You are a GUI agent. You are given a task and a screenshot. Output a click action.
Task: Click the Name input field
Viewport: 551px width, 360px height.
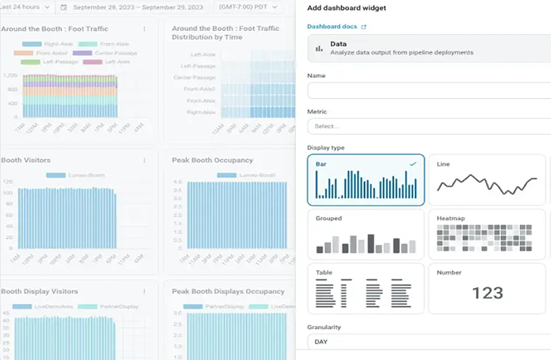(x=428, y=91)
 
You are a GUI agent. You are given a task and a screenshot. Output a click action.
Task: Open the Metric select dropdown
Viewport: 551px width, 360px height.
(x=428, y=126)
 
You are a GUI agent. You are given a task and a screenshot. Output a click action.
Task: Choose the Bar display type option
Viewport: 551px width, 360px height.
(x=366, y=180)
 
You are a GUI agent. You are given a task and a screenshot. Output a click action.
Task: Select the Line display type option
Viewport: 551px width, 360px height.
(x=487, y=180)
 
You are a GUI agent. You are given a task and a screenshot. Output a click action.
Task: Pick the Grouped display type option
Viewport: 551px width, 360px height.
(x=366, y=234)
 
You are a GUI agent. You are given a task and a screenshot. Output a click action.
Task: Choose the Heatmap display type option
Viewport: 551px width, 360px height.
(x=487, y=234)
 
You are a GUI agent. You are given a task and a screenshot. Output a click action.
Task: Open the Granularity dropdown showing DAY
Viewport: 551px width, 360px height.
(x=428, y=343)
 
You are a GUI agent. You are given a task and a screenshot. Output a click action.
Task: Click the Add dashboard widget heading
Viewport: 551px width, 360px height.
(x=347, y=8)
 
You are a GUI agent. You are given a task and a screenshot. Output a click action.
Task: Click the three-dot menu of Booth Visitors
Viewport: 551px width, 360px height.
(x=145, y=160)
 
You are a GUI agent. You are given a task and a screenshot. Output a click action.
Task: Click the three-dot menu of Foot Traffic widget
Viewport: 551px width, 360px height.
(x=145, y=29)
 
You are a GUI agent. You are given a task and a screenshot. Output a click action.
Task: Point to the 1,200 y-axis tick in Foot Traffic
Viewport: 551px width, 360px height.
(x=10, y=76)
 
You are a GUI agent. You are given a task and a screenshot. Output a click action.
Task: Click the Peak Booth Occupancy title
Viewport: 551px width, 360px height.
(x=212, y=160)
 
